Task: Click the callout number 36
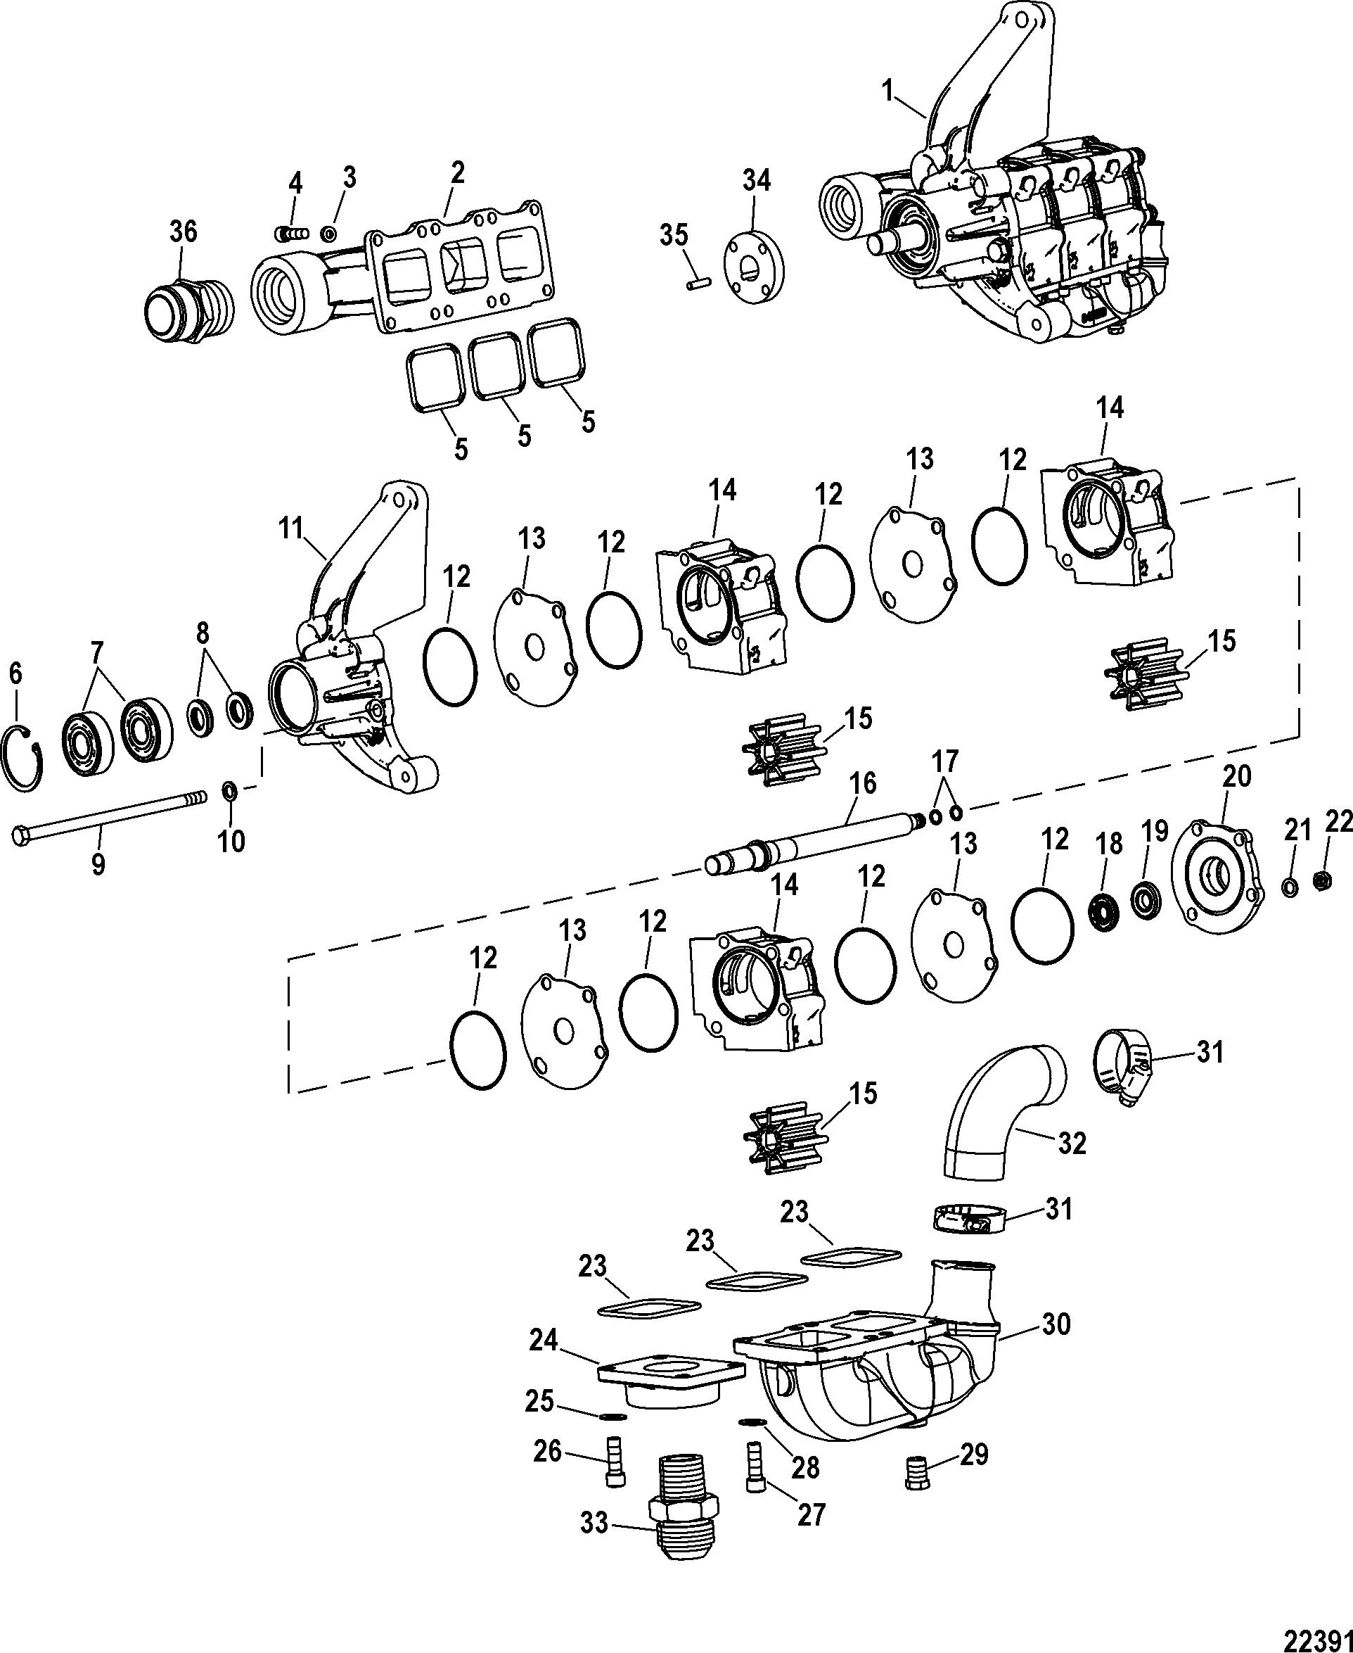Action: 184,231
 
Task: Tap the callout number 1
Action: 886,92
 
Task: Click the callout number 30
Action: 1056,1324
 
